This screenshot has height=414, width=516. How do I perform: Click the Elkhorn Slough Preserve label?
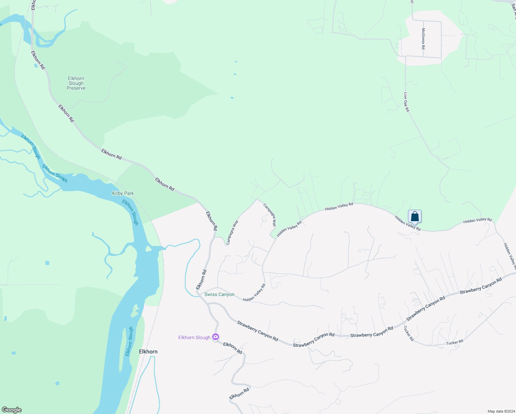tap(76, 83)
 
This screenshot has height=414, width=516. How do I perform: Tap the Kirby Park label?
tap(123, 193)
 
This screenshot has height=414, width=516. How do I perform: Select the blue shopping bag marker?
tap(415, 217)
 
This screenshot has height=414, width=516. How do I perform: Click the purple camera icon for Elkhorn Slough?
tap(216, 337)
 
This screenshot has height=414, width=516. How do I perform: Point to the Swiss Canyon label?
tap(219, 294)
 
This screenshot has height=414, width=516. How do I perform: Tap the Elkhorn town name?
tap(148, 352)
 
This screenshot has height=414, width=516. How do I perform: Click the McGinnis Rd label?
tap(423, 39)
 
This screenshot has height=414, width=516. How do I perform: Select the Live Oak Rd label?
tap(407, 102)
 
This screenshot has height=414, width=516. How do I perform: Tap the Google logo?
tap(11, 410)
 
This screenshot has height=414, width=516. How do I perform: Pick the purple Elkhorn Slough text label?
tap(194, 337)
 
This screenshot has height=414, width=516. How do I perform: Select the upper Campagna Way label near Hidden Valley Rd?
tap(270, 215)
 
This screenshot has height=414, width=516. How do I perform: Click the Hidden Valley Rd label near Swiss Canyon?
tap(254, 293)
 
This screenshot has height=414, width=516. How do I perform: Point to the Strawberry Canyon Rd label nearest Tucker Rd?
tap(426, 309)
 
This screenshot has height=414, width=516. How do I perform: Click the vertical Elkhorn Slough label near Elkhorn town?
tap(129, 342)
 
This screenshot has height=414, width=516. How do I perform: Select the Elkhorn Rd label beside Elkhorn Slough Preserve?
tap(66, 113)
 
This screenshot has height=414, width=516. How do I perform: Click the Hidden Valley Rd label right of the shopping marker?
tap(477, 220)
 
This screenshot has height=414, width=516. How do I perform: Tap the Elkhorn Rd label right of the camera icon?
tap(232, 348)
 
